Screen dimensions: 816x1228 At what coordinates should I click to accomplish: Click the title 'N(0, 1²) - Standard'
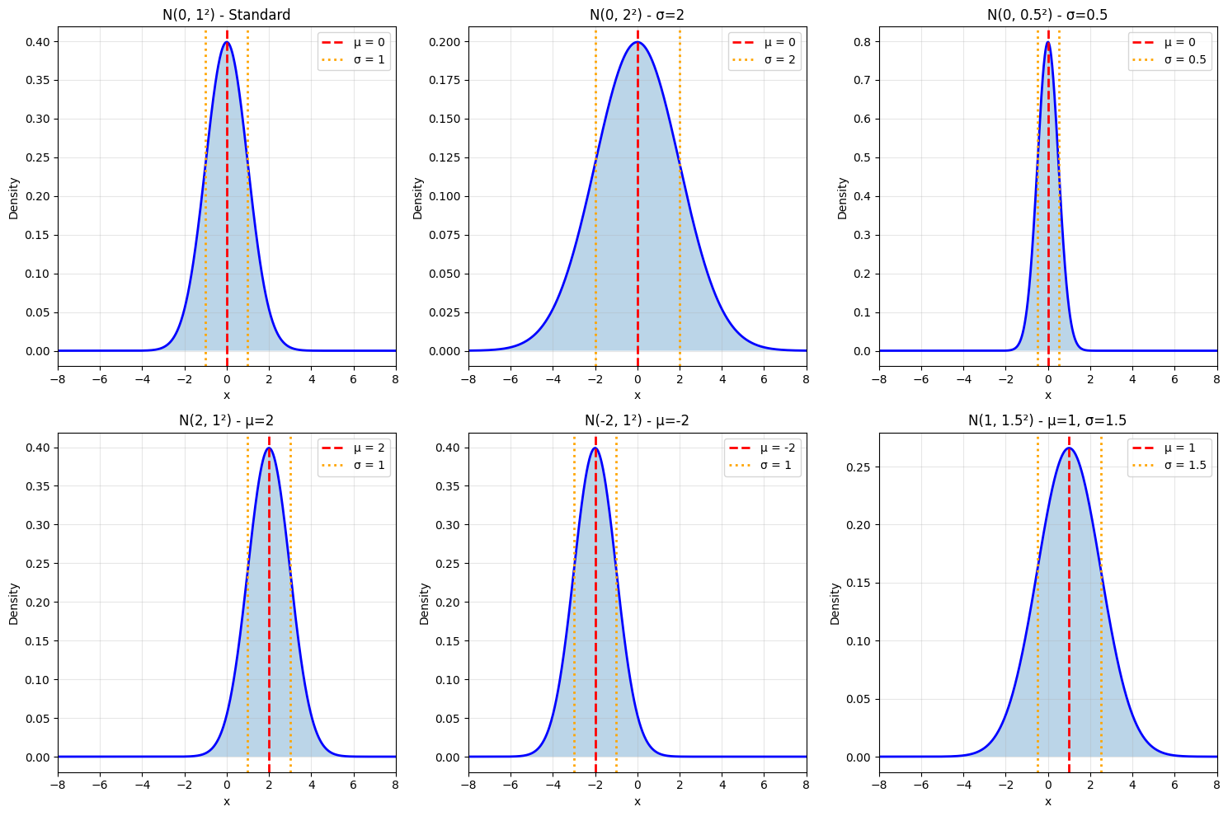[226, 14]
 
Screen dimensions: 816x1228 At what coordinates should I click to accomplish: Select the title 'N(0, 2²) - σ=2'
[637, 14]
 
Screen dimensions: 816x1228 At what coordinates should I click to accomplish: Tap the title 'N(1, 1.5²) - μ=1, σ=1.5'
[1047, 420]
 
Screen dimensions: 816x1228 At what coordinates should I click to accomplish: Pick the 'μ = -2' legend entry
[773, 448]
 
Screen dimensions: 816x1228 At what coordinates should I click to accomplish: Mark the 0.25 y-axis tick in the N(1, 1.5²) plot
[858, 467]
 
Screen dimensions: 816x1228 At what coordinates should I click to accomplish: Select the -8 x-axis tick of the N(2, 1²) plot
[58, 785]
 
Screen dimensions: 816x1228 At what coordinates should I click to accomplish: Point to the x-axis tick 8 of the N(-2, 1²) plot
[806, 785]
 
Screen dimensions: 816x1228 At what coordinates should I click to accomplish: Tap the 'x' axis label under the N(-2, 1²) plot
[637, 801]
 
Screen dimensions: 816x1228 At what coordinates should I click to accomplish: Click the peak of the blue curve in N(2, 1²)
[269, 448]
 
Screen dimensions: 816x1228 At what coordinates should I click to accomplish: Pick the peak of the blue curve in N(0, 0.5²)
[1047, 42]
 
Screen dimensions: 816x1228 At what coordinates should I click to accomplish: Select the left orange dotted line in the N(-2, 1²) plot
[574, 602]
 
